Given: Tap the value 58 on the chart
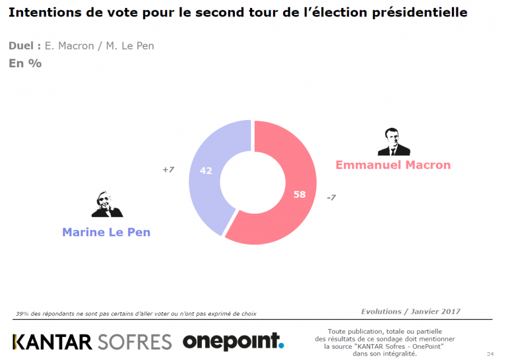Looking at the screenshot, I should [x=299, y=194].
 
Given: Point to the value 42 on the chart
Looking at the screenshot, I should [x=206, y=170].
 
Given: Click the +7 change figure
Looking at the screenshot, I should [x=168, y=170].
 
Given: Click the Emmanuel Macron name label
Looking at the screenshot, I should [x=393, y=165].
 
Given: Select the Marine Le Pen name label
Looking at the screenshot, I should [x=106, y=232].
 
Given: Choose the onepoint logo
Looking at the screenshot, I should [x=233, y=341].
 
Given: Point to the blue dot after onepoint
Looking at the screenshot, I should [x=281, y=345].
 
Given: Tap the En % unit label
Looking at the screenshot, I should [x=25, y=63].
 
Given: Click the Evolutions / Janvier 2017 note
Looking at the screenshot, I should [x=410, y=311].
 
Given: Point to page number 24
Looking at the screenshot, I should [x=490, y=353].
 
